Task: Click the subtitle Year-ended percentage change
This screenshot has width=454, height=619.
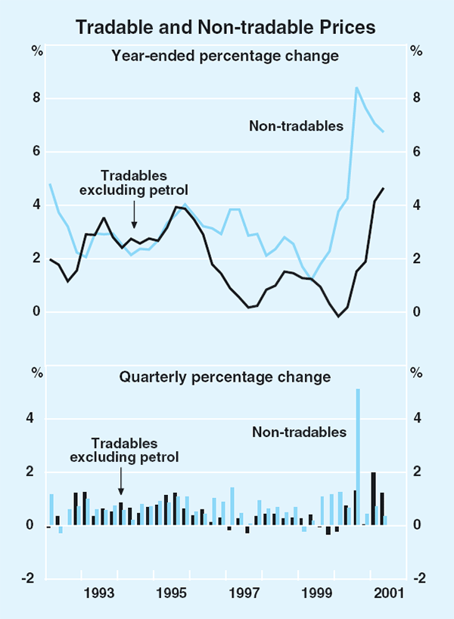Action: click(225, 56)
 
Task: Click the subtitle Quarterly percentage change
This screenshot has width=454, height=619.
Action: click(225, 376)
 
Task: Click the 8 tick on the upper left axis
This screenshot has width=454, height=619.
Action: click(36, 98)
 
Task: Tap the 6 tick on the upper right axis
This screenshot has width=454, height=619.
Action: click(416, 152)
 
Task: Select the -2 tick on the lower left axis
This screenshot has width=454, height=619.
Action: click(34, 578)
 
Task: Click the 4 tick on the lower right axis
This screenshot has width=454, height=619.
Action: click(416, 419)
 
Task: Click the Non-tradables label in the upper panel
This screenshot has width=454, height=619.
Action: click(297, 125)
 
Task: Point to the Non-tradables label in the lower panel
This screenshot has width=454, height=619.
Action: click(298, 432)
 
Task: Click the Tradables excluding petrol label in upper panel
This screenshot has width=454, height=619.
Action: click(134, 181)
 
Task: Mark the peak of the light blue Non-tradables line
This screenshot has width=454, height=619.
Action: click(356, 88)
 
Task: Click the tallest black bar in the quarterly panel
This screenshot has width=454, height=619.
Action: click(374, 499)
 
